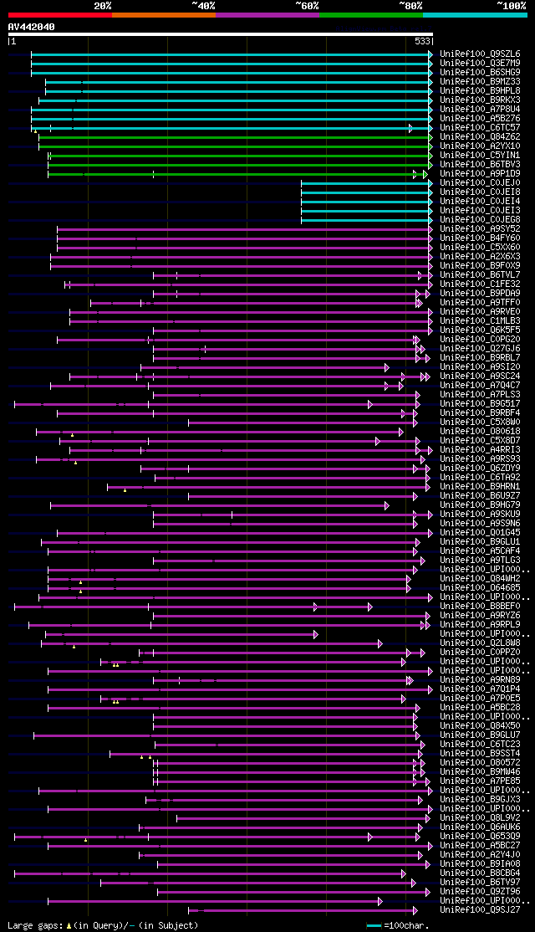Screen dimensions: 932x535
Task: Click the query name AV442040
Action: pyautogui.click(x=32, y=27)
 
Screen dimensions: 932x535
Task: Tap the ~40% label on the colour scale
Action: pyautogui.click(x=203, y=6)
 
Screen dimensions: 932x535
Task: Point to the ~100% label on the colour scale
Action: pyautogui.click(x=511, y=6)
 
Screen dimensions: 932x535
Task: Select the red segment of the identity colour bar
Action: pyautogui.click(x=59, y=15)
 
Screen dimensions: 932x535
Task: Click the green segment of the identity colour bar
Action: pyautogui.click(x=370, y=15)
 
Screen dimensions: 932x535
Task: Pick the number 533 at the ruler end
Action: pyautogui.click(x=423, y=41)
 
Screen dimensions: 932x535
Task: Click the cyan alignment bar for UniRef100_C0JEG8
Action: pyautogui.click(x=364, y=219)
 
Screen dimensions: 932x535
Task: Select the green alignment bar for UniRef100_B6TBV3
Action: pyautogui.click(x=238, y=164)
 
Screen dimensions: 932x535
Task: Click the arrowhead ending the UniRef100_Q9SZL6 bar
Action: pyautogui.click(x=431, y=54)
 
